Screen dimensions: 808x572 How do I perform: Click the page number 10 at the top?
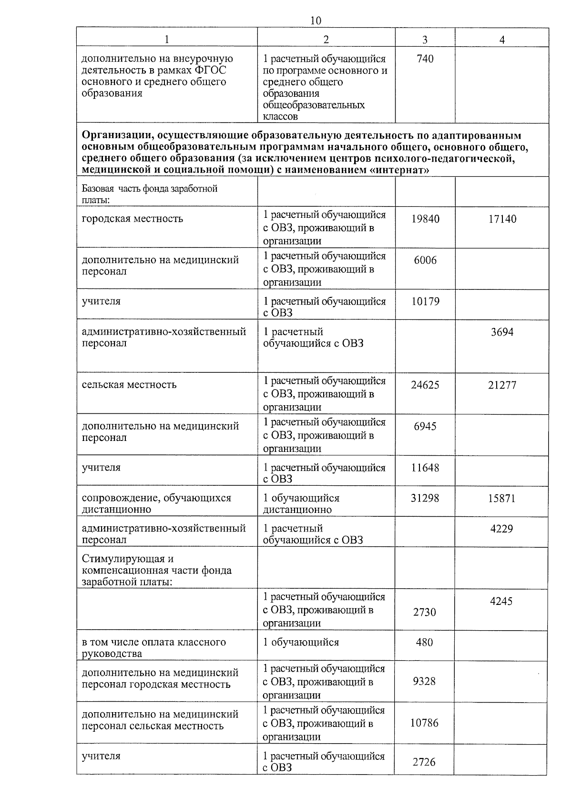(316, 20)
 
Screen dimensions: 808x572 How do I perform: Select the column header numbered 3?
(425, 40)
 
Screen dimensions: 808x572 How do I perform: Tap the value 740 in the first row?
(425, 59)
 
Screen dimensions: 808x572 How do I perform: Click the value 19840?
(425, 219)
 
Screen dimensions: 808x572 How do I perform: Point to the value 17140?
(502, 219)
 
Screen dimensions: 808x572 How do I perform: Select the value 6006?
(425, 260)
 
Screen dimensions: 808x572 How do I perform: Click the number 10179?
(425, 301)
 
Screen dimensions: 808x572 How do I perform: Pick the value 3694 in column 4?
(502, 332)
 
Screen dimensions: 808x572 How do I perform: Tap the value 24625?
(425, 385)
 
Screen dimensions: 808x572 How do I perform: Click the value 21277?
(502, 385)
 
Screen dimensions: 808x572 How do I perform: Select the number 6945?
(425, 426)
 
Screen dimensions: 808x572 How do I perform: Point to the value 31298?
(425, 498)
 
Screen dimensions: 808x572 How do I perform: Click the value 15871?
(502, 499)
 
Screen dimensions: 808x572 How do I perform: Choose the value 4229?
(502, 529)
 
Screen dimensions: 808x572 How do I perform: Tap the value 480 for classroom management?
(424, 643)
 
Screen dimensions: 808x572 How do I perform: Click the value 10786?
(424, 723)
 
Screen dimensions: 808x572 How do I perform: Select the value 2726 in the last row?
(424, 762)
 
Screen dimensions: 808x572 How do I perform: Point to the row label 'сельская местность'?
(129, 385)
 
